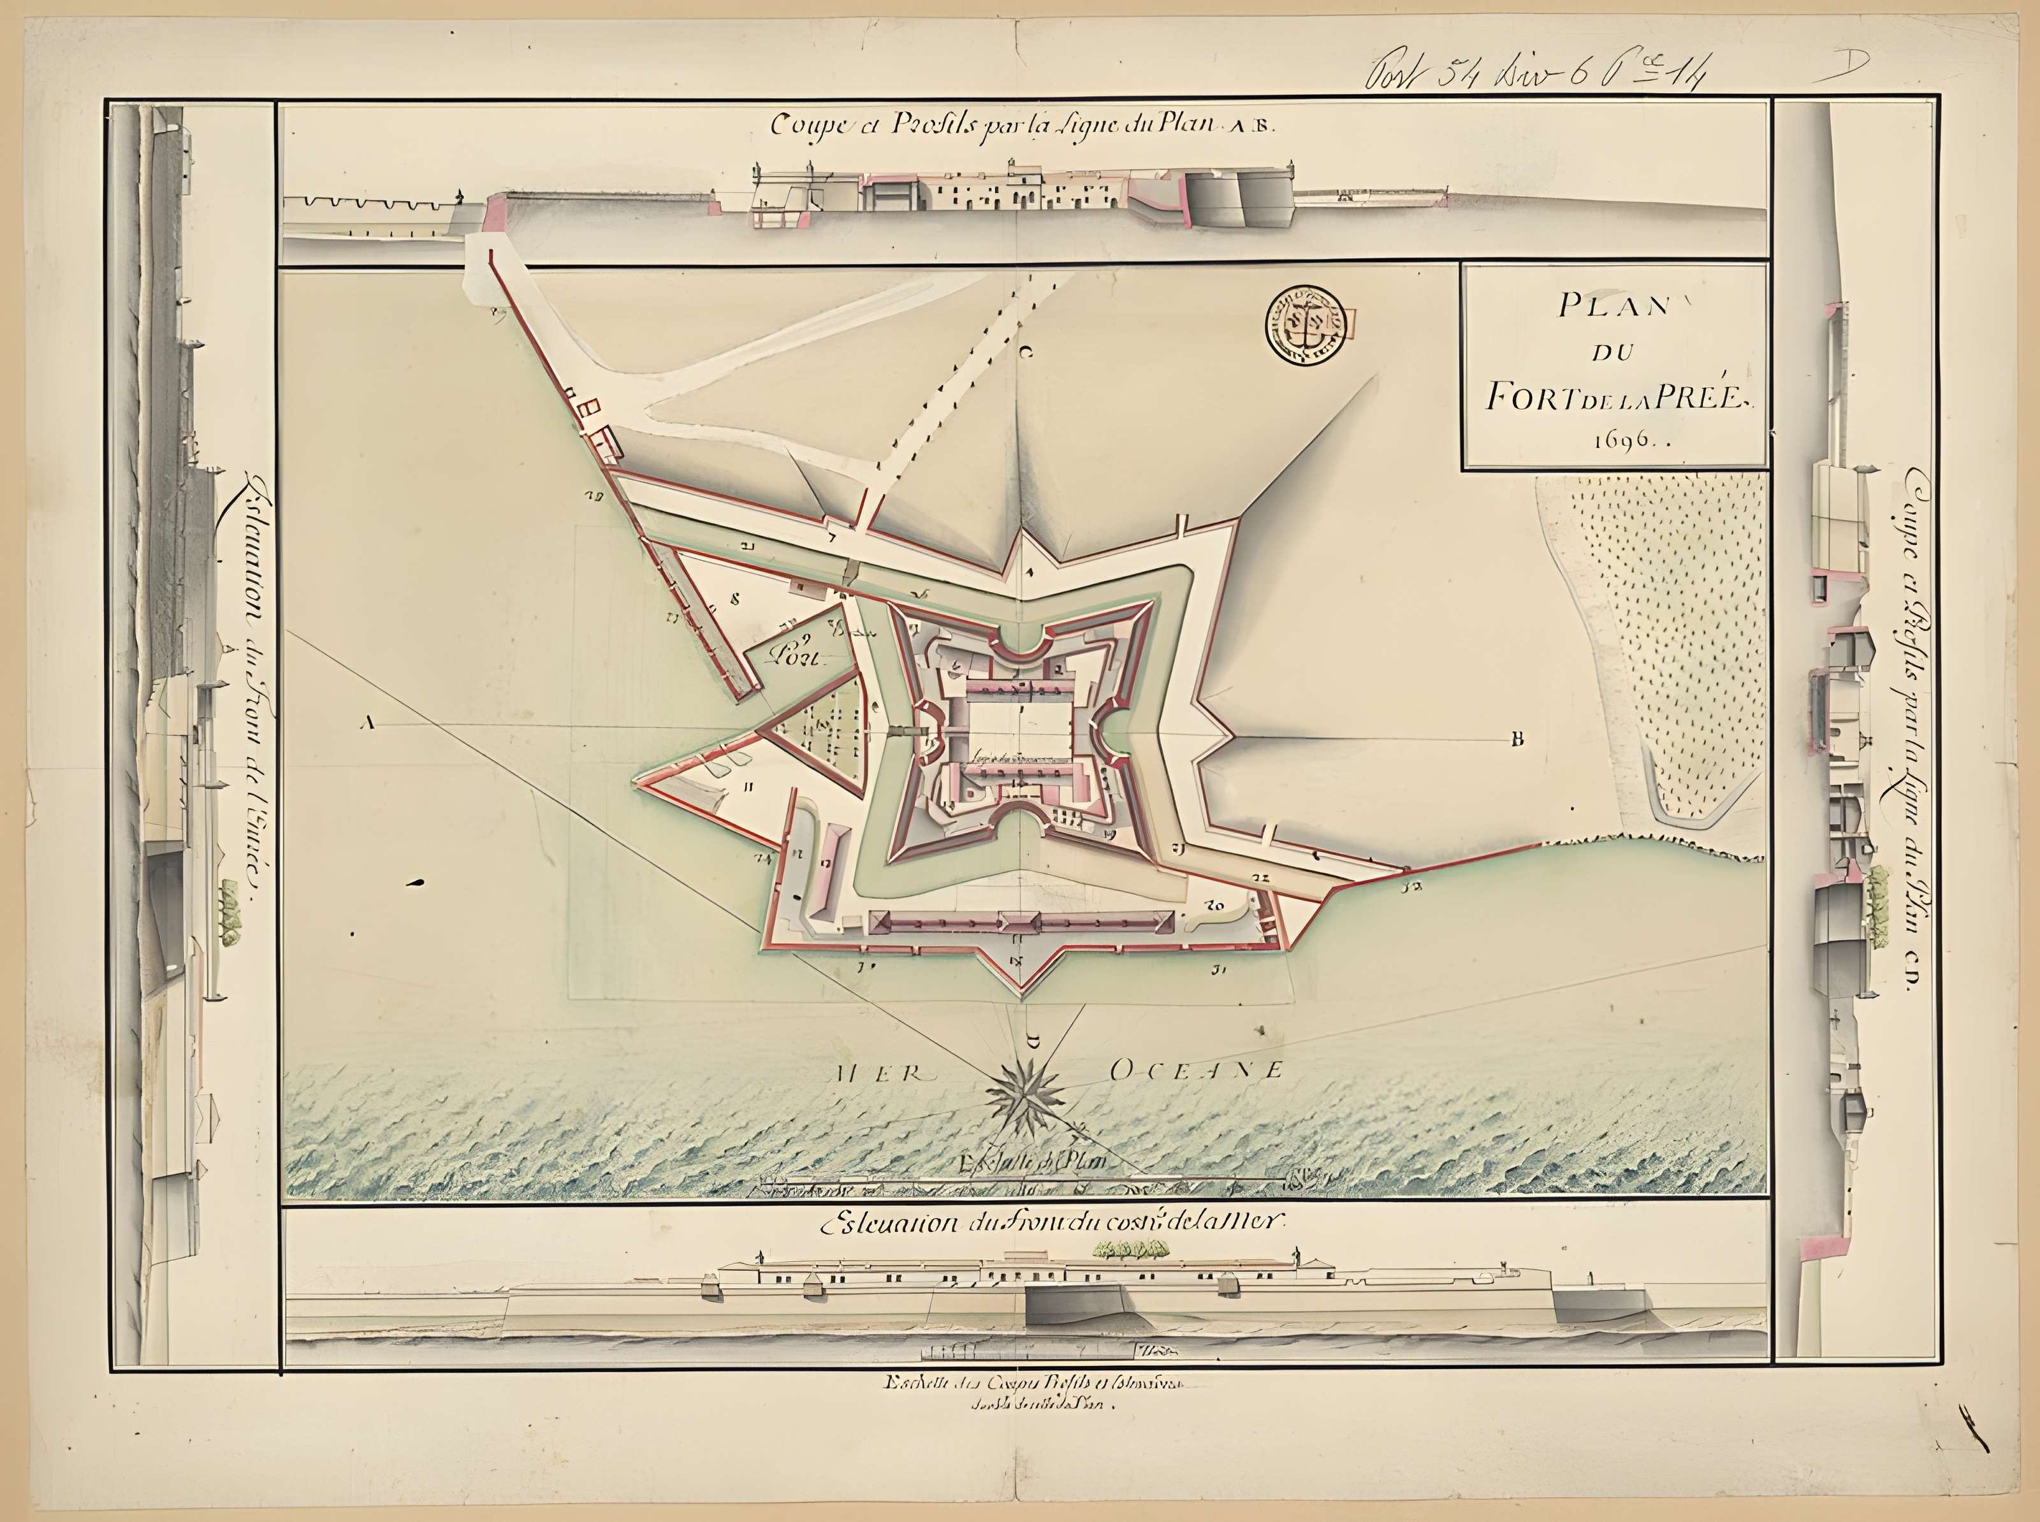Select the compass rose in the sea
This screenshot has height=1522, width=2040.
click(x=1024, y=1096)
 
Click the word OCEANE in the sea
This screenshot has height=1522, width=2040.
click(x=1195, y=1069)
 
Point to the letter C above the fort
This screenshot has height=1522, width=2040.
click(x=1026, y=351)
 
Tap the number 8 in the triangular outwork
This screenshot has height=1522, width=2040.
click(x=734, y=597)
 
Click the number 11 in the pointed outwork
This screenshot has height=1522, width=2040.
click(x=749, y=786)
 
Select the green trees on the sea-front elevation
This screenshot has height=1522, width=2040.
click(x=1130, y=1249)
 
